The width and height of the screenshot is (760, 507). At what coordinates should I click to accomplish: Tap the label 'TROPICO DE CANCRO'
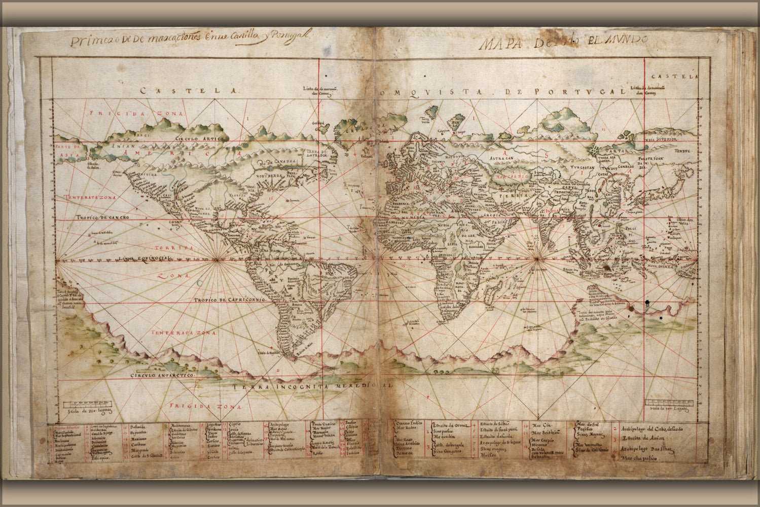coord(103,217)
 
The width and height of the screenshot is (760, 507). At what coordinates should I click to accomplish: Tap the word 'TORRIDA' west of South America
coord(175,248)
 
